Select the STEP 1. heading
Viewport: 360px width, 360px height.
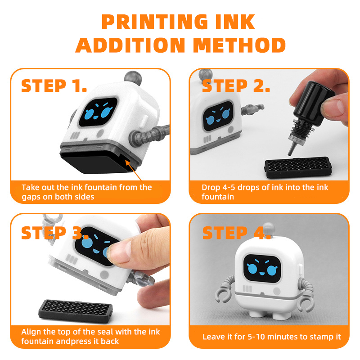pos(54,86)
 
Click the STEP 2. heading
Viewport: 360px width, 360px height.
pos(236,86)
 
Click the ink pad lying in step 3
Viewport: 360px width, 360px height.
pos(76,310)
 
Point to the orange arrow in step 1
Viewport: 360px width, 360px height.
pos(134,171)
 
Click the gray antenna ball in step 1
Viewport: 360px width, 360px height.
pos(133,78)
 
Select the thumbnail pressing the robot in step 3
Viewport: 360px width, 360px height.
pos(119,252)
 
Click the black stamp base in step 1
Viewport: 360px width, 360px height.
pos(96,162)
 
